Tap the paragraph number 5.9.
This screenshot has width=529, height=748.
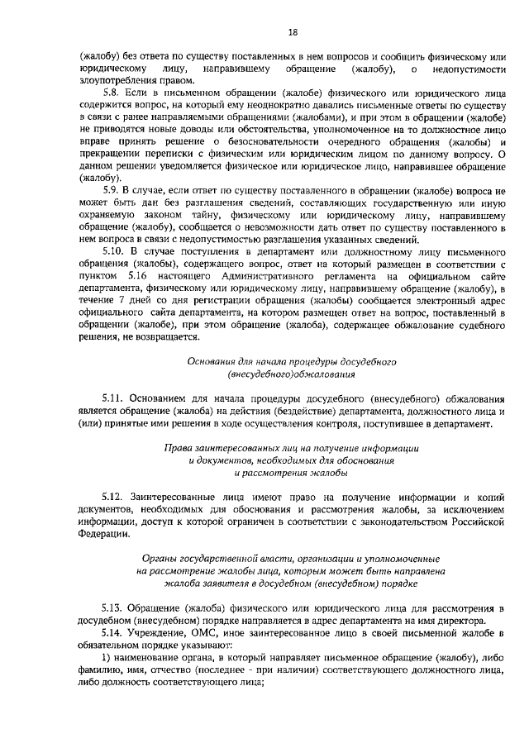tap(110, 190)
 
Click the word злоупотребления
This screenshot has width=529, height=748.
tap(120, 80)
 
